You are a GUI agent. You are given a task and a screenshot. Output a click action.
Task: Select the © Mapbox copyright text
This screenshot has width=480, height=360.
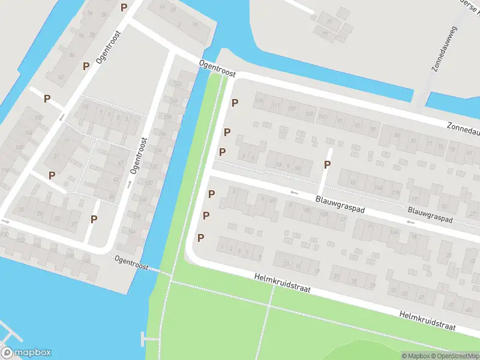point(416,356)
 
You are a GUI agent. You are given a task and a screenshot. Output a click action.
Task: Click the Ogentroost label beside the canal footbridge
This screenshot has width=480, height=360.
point(131,262)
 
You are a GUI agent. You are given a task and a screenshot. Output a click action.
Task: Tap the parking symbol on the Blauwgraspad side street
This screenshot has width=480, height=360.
point(328,164)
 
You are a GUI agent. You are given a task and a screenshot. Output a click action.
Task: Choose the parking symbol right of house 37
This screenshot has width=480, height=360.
point(94,219)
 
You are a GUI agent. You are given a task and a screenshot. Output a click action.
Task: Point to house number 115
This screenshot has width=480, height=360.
point(259,101)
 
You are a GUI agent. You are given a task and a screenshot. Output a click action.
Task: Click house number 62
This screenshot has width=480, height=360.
point(60,77)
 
